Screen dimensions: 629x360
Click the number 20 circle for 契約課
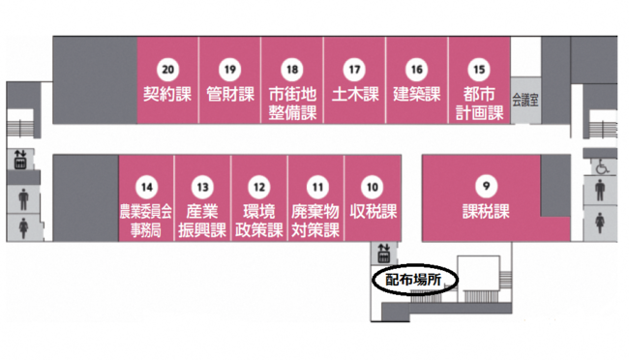167,70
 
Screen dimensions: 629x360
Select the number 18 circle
292,70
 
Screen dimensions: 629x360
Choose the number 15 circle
479,70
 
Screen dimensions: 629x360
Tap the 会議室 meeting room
524,99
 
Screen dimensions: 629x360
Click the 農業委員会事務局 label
145,221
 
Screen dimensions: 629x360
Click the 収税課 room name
373,212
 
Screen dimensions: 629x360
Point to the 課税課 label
486,212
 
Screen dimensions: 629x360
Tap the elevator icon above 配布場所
383,253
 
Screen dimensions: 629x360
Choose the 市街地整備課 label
292,104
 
